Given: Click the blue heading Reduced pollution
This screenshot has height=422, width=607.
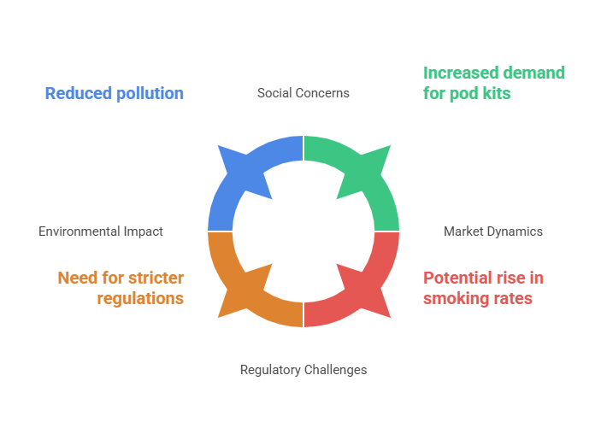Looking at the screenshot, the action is tap(115, 94).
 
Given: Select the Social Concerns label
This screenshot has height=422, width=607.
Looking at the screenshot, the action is tap(303, 93).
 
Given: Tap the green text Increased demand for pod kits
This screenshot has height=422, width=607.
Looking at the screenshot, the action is tap(494, 83).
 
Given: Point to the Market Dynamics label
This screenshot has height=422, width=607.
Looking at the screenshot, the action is tap(492, 232).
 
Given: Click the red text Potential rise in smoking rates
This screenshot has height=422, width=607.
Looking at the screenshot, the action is tap(483, 288).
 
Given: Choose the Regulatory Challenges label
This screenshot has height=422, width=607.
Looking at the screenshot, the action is tap(303, 370).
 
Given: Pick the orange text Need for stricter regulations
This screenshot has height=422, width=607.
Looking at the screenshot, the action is tap(121, 288).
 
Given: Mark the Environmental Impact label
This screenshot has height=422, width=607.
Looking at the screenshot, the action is tap(101, 232).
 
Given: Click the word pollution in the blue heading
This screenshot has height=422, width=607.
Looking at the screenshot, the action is tap(150, 94).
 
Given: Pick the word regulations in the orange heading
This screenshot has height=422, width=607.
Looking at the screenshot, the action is tap(140, 299).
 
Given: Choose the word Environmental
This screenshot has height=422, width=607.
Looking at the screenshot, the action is tap(80, 232).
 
